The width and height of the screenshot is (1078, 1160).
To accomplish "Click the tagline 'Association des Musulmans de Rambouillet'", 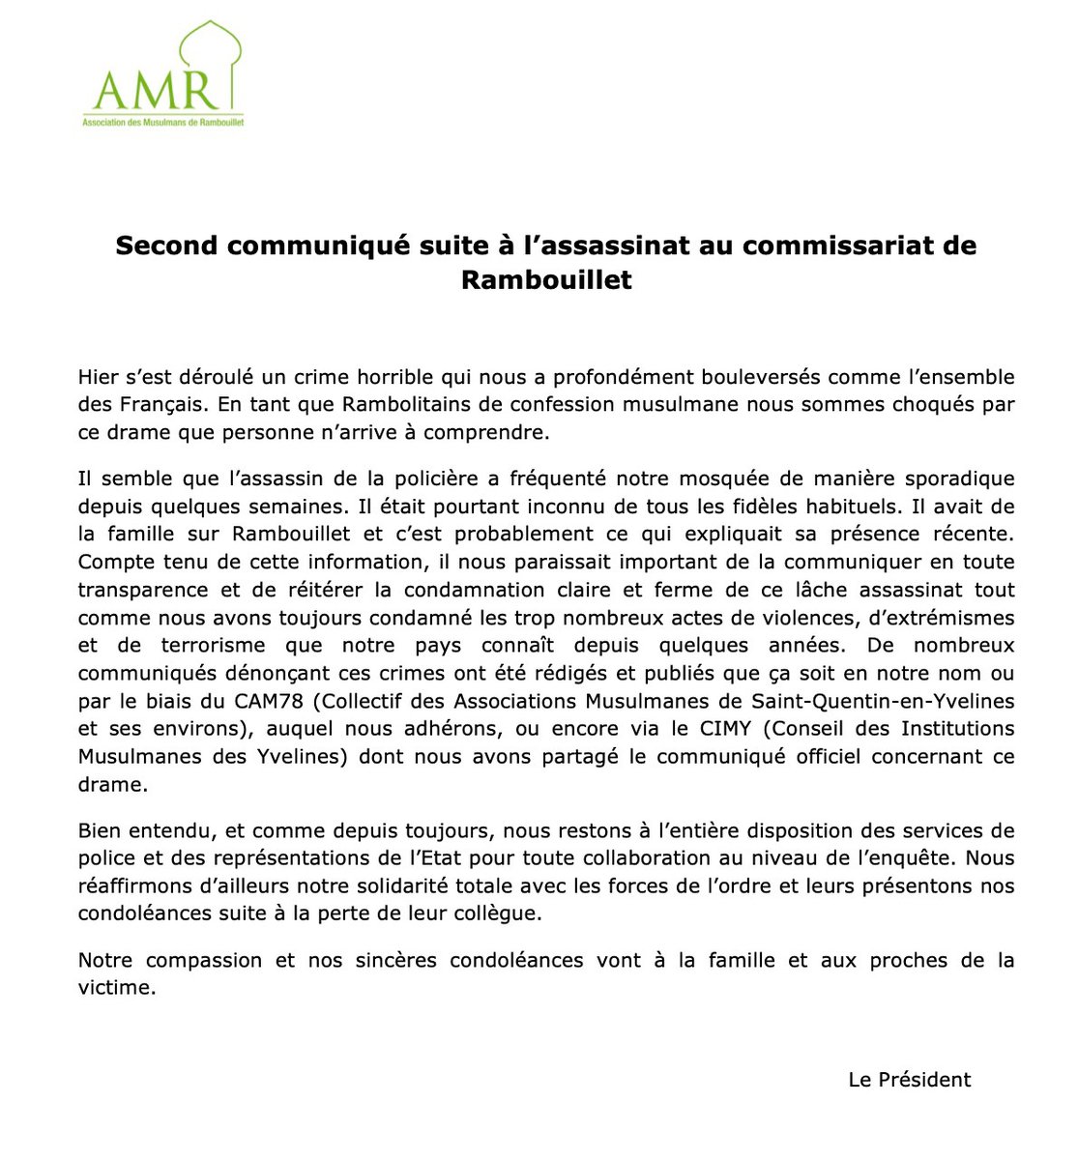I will pos(161,124).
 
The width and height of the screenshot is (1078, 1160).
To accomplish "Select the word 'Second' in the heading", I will pos(165,246).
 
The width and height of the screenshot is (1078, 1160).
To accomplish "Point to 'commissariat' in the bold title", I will pos(841,246).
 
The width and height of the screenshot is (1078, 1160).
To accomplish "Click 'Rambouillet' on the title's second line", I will pos(546,280).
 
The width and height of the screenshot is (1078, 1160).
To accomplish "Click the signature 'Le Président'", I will pos(909,1081).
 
